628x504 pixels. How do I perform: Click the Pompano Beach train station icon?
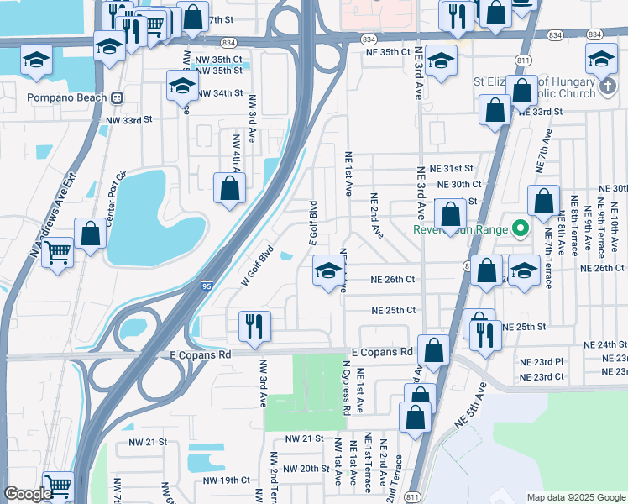[x=118, y=97]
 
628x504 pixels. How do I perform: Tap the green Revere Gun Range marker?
[x=521, y=228]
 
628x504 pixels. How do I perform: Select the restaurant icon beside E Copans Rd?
[x=254, y=326]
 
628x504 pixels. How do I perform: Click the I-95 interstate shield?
[x=206, y=287]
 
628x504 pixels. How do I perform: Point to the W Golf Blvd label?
[x=258, y=265]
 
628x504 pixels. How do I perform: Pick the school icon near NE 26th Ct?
[x=327, y=271]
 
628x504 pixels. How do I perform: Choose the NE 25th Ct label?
[x=394, y=310]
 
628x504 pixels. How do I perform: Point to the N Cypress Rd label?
[x=346, y=387]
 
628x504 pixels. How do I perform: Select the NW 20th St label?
[x=306, y=469]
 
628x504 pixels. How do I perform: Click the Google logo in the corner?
[x=28, y=494]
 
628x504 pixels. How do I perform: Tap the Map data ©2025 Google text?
[x=575, y=497]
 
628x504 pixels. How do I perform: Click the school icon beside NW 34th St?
[x=182, y=85]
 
